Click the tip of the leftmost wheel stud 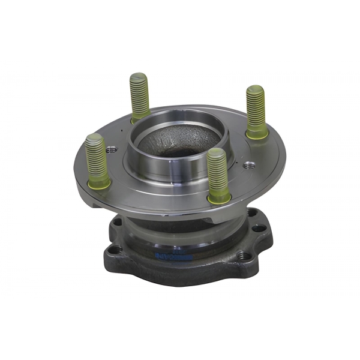pos(94,138)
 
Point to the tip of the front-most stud pos(216,153)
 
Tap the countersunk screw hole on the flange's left pos(112,150)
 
